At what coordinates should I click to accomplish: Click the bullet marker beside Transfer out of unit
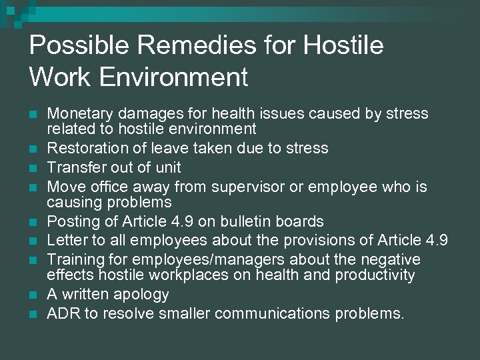[33, 167]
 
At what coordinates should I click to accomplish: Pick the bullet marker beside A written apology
[33, 294]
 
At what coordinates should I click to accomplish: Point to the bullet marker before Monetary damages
[33, 114]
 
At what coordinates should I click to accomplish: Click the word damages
[143, 113]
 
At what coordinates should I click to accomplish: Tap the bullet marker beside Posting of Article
[33, 221]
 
